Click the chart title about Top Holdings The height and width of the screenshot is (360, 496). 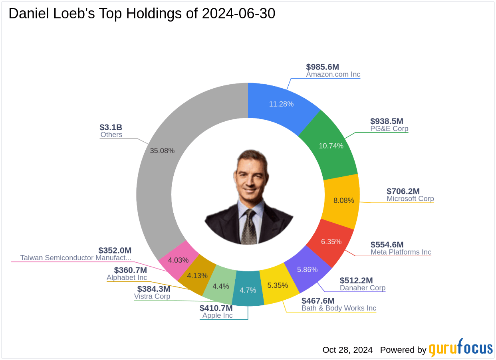tap(142, 14)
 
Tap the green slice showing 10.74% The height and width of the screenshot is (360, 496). tap(331, 146)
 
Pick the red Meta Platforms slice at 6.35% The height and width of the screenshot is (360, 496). tap(331, 241)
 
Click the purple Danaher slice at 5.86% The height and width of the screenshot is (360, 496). tap(308, 269)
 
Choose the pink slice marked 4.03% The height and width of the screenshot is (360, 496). tap(178, 260)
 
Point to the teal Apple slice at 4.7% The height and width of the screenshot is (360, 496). tap(248, 290)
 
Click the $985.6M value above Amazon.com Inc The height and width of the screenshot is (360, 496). tap(322, 67)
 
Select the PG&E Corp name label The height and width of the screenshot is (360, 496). tap(389, 129)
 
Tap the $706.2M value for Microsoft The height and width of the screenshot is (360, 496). tap(403, 192)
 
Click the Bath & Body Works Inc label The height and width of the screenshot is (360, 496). tap(339, 308)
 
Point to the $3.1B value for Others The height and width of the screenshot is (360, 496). tap(111, 127)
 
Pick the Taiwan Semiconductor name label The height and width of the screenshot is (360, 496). tap(75, 258)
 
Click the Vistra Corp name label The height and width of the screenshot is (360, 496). tap(152, 296)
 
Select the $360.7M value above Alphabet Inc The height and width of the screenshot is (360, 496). tap(130, 270)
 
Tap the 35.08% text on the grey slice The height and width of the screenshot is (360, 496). tap(162, 150)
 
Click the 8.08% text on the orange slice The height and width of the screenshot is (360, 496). tap(344, 200)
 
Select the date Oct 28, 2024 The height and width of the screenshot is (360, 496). tap(347, 350)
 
